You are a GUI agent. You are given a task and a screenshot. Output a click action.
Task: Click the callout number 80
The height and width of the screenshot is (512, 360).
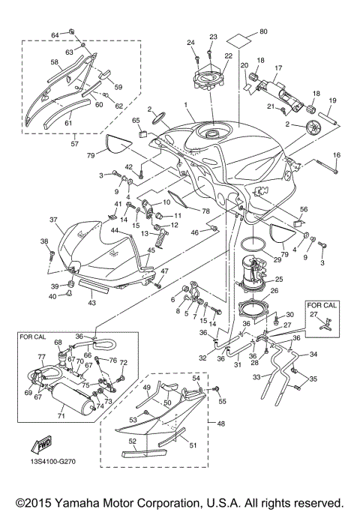coord(262,31)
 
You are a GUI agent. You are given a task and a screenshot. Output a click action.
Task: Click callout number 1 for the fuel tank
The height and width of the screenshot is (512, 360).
coord(185,104)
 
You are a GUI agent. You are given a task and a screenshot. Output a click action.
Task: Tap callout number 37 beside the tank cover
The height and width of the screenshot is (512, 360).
coord(54,220)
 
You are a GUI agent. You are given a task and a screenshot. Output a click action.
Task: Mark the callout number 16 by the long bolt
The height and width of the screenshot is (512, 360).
coord(337,154)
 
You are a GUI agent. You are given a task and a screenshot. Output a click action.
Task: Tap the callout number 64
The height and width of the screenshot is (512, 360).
coord(54,35)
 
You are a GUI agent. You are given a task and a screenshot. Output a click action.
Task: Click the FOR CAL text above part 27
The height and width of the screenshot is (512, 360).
coord(322,306)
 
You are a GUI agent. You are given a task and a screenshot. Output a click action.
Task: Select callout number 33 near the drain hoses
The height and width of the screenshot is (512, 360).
coord(257,377)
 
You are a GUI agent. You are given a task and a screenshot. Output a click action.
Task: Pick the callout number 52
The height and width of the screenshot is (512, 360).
coord(133,441)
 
